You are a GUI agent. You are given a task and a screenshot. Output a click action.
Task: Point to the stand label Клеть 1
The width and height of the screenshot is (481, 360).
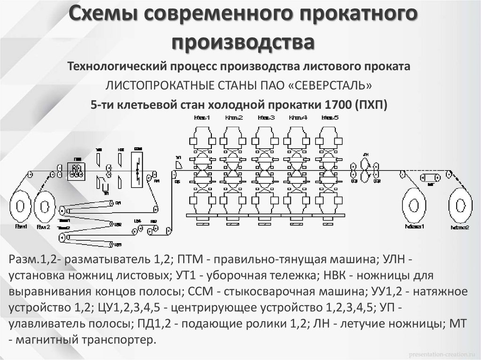coord(202,117)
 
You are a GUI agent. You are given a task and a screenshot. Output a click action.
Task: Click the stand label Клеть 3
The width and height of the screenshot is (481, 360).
coord(266,117)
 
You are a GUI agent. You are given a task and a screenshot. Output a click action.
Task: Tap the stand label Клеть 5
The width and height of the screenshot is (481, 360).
coord(330,117)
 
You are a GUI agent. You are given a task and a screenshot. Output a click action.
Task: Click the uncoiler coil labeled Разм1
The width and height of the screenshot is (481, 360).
coord(21,207)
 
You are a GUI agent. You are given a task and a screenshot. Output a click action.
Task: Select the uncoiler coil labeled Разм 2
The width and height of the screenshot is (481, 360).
coord(44,207)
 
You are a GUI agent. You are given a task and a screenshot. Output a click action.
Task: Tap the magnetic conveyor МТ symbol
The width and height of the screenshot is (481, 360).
coord(430,177)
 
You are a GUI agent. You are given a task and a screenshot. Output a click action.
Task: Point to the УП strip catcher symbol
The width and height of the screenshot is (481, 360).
coord(179,164)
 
